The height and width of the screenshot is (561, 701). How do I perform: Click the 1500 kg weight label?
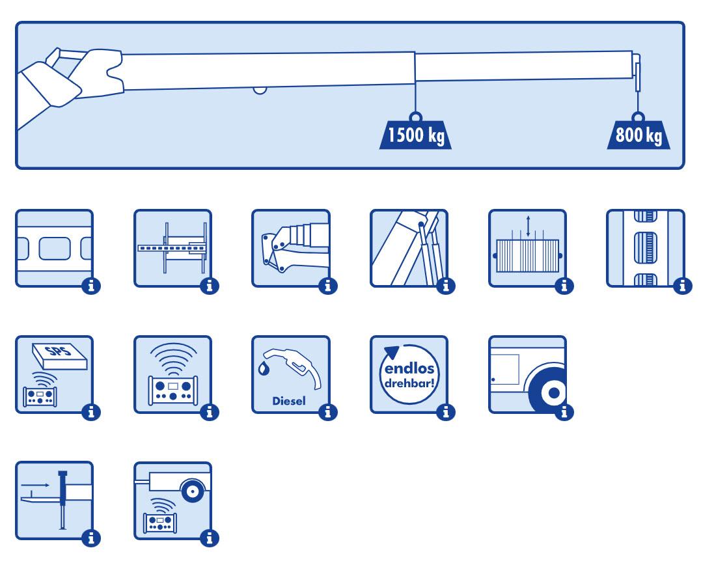(x=415, y=136)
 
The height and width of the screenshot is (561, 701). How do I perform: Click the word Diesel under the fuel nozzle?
(x=289, y=401)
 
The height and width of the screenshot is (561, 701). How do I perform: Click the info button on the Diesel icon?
(x=329, y=411)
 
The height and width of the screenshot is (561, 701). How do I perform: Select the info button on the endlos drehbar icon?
(x=447, y=411)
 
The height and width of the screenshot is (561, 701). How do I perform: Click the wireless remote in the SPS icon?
(x=40, y=395)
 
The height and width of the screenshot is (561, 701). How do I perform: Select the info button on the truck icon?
(x=565, y=411)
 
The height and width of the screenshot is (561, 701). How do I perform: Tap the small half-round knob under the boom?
(x=260, y=90)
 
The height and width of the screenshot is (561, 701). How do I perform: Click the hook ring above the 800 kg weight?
(x=639, y=118)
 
